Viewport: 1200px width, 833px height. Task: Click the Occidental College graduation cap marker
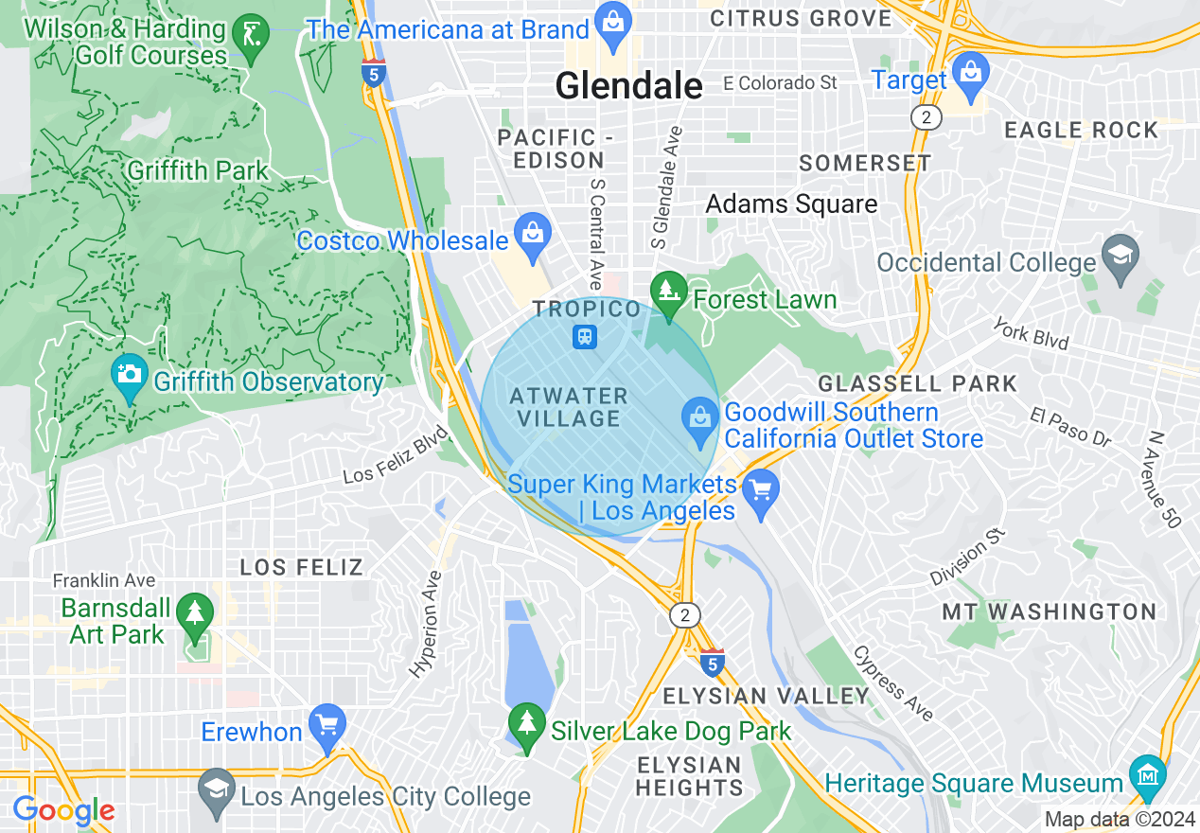[1121, 258]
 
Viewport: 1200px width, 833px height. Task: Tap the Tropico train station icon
[585, 336]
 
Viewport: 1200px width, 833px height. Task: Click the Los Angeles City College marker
[217, 793]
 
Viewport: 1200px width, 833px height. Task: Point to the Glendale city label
[628, 86]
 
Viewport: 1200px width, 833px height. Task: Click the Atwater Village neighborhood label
[568, 407]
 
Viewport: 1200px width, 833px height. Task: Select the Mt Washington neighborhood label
[1049, 611]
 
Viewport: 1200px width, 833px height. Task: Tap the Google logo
[63, 810]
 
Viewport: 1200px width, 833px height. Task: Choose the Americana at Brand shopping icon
[612, 25]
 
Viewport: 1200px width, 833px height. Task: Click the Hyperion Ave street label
[425, 624]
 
